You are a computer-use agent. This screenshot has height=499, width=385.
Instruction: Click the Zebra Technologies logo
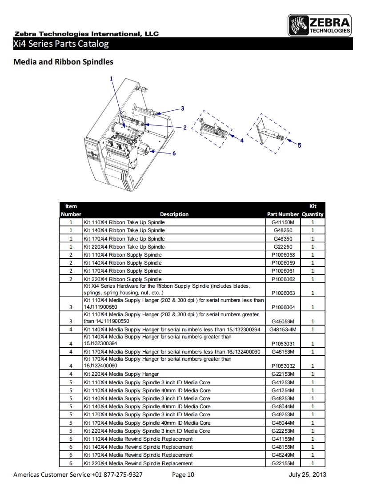click(320, 25)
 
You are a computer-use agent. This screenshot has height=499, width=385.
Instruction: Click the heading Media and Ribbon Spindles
click(63, 62)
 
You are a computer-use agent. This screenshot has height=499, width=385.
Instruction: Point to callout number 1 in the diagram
click(111, 79)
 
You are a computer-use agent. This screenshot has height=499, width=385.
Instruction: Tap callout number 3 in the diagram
click(182, 108)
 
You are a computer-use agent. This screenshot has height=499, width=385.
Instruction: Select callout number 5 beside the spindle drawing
click(299, 145)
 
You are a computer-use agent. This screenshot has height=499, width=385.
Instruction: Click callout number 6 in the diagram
click(174, 153)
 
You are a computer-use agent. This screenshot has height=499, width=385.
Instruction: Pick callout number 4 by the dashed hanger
click(242, 141)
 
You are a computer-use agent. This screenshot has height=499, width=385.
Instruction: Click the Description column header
click(174, 214)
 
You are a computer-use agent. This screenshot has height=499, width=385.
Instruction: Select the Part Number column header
click(283, 214)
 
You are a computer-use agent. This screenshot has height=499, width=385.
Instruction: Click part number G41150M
click(283, 222)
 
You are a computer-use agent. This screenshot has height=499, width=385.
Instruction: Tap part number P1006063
click(283, 293)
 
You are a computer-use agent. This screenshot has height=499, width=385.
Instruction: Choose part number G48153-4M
click(283, 330)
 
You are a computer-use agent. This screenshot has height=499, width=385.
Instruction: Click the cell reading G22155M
click(283, 463)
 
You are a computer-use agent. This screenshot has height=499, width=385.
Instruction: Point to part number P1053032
click(283, 366)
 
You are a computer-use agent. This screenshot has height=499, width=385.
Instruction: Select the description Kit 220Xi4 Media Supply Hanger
click(121, 374)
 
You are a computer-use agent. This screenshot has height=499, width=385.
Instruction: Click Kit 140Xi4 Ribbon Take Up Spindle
click(124, 230)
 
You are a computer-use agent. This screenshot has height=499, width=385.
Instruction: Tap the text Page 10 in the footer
click(183, 475)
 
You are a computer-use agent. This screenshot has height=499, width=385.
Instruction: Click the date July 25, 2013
click(307, 475)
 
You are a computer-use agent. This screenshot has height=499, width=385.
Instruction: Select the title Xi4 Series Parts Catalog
click(61, 44)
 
